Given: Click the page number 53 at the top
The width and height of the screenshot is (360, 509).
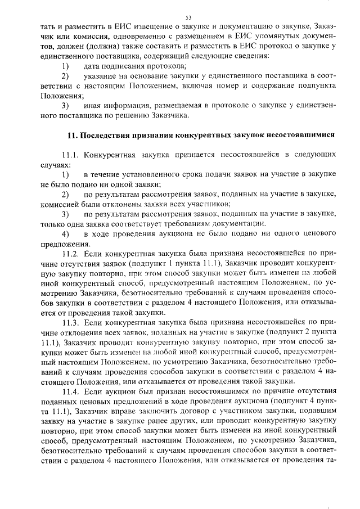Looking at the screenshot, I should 180,17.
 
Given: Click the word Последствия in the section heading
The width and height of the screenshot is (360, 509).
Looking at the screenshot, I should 104,136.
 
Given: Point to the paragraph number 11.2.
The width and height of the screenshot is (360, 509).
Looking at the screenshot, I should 73,255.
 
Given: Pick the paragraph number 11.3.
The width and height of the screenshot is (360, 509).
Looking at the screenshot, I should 73,323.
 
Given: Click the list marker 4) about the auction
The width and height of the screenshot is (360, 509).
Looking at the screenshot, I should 65,234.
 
